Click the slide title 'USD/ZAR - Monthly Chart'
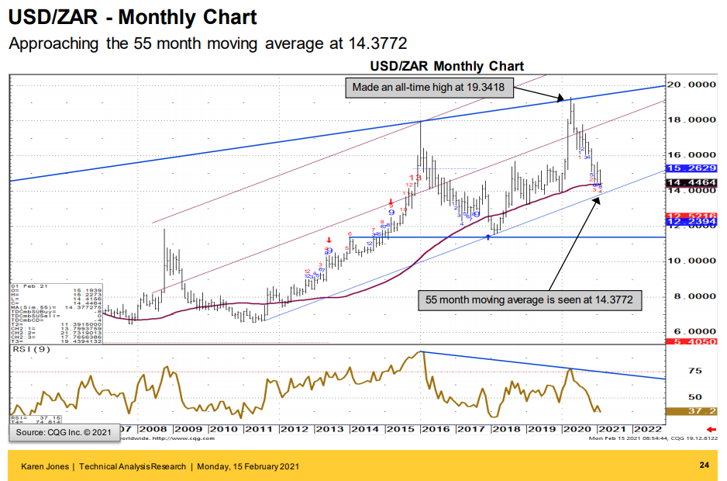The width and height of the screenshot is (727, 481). [132, 17]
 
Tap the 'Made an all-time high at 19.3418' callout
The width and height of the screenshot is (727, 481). [429, 88]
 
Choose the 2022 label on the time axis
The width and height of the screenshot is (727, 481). [647, 428]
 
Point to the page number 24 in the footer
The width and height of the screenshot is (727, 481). [704, 465]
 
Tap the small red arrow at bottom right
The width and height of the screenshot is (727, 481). [711, 429]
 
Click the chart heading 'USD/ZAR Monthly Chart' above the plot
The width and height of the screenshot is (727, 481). [446, 67]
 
